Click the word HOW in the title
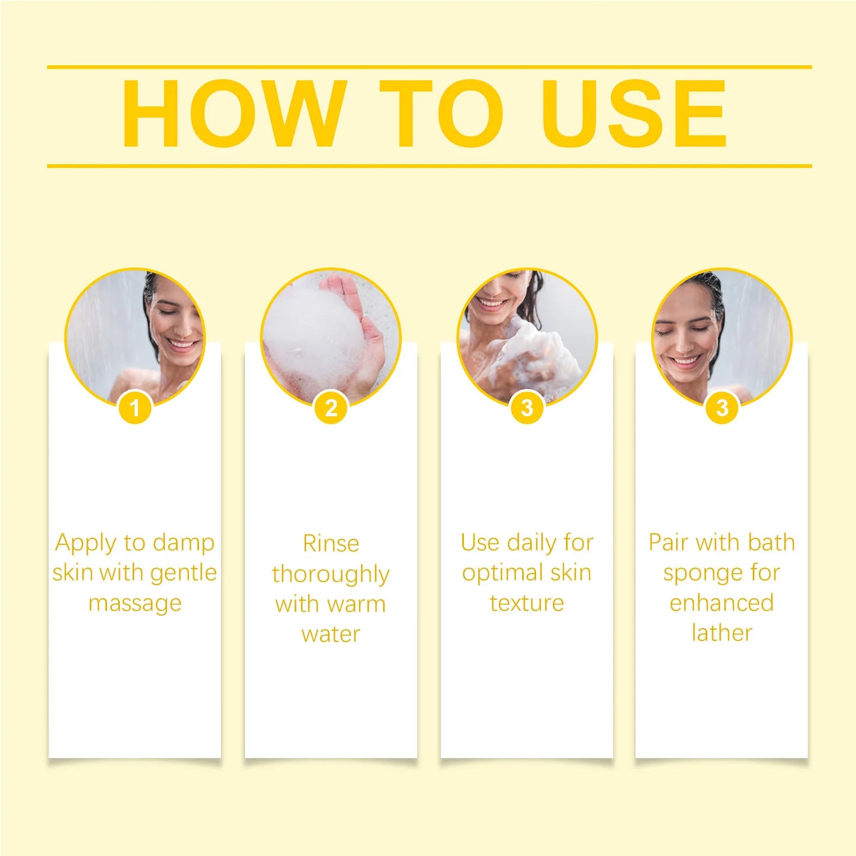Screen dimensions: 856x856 [234, 113]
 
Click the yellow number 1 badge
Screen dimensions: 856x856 [135, 408]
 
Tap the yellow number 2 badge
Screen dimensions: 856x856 [331, 408]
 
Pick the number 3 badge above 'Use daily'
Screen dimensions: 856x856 [527, 408]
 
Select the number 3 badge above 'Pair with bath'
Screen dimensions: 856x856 [722, 408]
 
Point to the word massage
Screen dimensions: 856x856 [135, 604]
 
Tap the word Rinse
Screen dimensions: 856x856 [331, 543]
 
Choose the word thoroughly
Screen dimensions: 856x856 [331, 575]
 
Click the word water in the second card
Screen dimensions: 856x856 [331, 634]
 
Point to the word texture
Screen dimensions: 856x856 [527, 603]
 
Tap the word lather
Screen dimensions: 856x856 [722, 633]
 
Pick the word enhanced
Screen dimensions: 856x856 [722, 603]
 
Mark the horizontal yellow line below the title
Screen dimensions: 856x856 [429, 166]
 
